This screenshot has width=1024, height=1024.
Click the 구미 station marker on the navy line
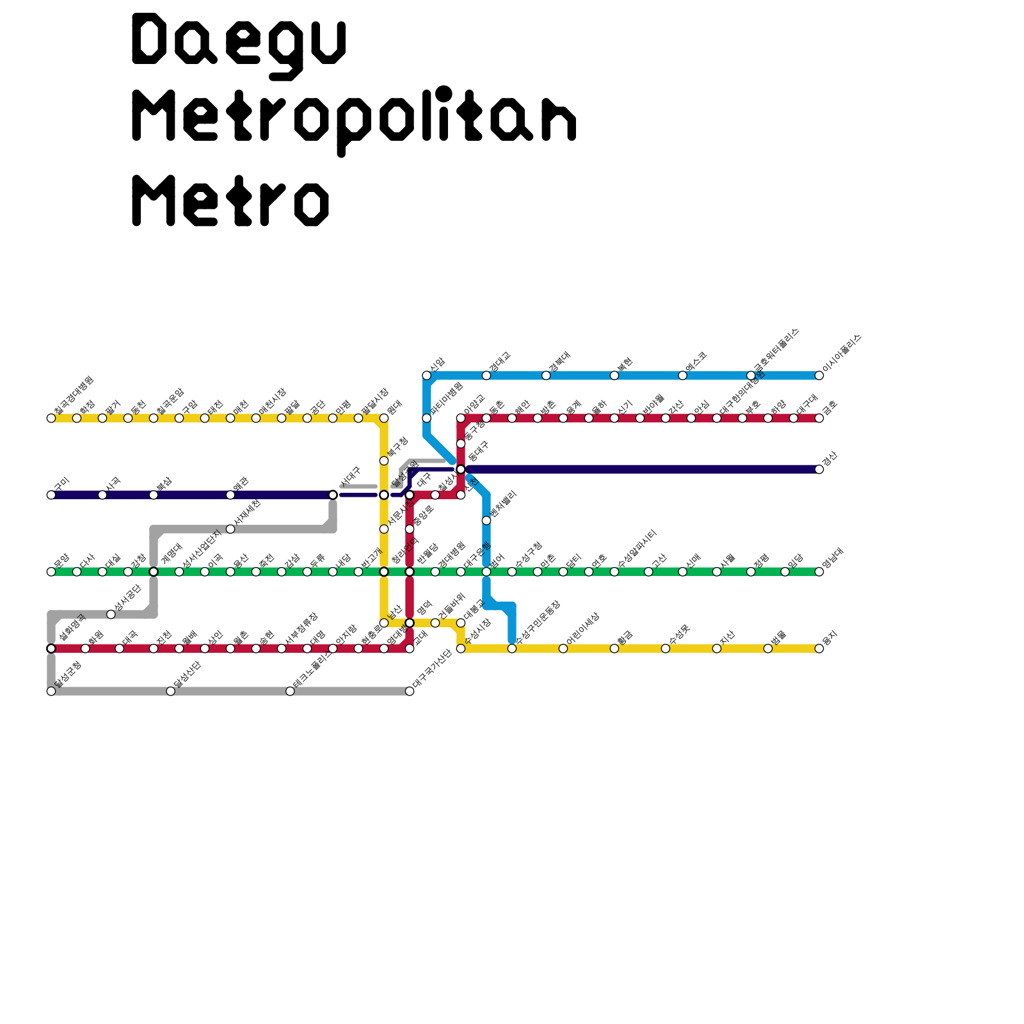coord(51,495)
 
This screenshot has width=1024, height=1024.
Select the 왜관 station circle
coord(230,495)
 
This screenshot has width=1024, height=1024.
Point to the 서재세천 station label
coord(247,515)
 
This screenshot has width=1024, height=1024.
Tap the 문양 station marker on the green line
coord(51,572)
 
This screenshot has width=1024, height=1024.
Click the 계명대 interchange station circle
coord(154,572)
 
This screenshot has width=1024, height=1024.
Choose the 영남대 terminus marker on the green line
coord(819,572)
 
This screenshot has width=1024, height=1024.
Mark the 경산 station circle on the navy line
coord(819,469)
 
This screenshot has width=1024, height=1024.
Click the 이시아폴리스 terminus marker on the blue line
coord(819,375)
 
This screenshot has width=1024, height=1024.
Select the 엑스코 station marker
coord(683,375)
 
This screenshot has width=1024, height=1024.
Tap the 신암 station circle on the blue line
coord(427,375)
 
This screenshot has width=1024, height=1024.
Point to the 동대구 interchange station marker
coord(461,469)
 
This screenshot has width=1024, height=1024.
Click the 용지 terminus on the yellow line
coord(819,648)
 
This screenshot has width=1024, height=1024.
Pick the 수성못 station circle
coord(666,648)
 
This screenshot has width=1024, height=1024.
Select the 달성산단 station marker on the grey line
coord(171,691)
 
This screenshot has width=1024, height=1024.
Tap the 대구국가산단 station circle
coord(410,691)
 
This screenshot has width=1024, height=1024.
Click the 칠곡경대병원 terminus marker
coord(51,418)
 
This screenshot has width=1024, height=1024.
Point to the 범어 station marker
coord(486,572)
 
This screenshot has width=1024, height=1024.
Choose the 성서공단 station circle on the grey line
coord(111,614)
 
